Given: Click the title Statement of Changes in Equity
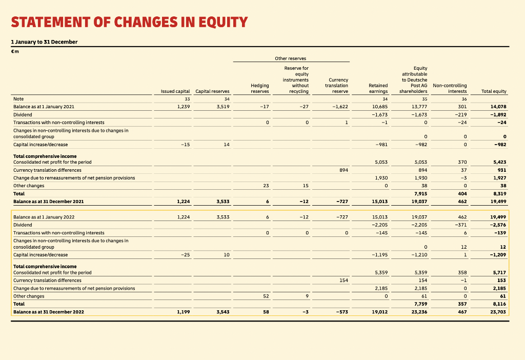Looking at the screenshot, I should pyautogui.click(x=129, y=23).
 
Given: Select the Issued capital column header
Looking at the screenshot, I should pyautogui.click(x=175, y=91).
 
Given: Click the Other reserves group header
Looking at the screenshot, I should pyautogui.click(x=291, y=58).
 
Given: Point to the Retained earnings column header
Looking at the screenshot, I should pyautogui.click(x=378, y=88).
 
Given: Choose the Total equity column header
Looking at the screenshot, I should pyautogui.click(x=494, y=91).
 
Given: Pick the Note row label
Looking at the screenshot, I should pyautogui.click(x=18, y=98).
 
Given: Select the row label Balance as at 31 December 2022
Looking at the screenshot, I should pyautogui.click(x=49, y=312).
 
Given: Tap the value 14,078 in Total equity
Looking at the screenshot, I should pyautogui.click(x=498, y=107).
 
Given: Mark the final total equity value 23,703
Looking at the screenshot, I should pyautogui.click(x=498, y=312).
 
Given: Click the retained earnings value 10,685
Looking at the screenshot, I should pyautogui.click(x=379, y=107).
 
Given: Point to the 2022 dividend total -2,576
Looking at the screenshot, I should pyautogui.click(x=497, y=225).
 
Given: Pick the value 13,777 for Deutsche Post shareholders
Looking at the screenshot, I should pyautogui.click(x=419, y=107).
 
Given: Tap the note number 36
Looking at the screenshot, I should pyautogui.click(x=464, y=99).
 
